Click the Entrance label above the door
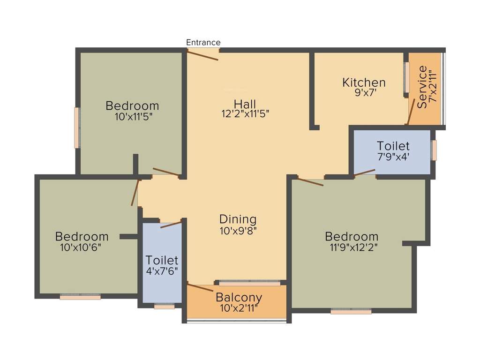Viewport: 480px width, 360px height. click(203, 42)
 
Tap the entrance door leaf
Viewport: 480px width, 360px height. click(203, 55)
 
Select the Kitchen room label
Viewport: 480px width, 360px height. click(364, 82)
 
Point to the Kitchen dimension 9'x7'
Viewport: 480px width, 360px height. click(364, 92)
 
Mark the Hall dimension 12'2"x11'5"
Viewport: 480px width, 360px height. click(245, 113)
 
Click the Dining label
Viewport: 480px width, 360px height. click(238, 219)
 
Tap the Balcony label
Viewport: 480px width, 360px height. click(239, 297)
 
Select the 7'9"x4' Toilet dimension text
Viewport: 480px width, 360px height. click(394, 157)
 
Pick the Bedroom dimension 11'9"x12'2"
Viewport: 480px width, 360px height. click(352, 247)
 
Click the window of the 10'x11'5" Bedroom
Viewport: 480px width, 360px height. click(77, 128)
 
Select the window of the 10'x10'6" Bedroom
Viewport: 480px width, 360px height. click(80, 297)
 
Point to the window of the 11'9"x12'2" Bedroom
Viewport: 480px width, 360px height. click(351, 311)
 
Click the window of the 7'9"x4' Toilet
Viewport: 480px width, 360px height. click(434, 150)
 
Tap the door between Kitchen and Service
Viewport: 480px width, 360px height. click(411, 112)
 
